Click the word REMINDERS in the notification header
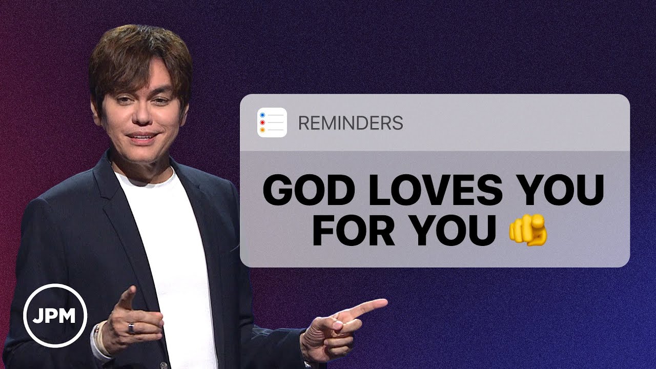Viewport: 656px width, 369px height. [x=350, y=123]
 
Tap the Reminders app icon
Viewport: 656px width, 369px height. [x=272, y=123]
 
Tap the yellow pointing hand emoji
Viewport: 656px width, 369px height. [x=528, y=231]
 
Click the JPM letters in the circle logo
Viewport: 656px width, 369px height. [x=55, y=316]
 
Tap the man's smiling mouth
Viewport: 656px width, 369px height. [x=144, y=137]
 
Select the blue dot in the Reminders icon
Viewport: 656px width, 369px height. [x=262, y=115]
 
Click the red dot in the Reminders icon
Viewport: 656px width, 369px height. [x=262, y=123]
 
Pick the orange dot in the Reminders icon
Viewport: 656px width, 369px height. [x=262, y=131]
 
